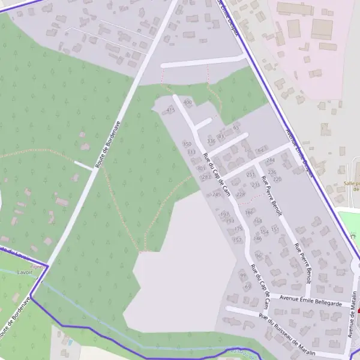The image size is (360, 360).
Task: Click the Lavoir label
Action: click(25, 272)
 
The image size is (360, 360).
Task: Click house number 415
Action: click(170, 110)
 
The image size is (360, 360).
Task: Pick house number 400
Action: click(187, 103)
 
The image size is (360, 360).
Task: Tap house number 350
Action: click(187, 145)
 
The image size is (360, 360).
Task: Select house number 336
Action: click(211, 141)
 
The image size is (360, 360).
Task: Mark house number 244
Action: click(271, 160)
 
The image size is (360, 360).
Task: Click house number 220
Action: click(277, 179)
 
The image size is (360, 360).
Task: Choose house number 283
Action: click(206, 177)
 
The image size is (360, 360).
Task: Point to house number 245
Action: click(217, 194)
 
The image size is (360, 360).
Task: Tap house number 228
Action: click(241, 194)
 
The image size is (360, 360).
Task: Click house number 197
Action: click(225, 214)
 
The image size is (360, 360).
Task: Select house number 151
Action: click(275, 229)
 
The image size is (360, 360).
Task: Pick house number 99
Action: click(243, 275)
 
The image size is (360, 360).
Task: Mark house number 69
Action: click(247, 286)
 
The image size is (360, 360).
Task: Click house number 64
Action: click(260, 150)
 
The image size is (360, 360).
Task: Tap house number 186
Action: click(249, 212)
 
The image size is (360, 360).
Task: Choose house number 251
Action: click(250, 175)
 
